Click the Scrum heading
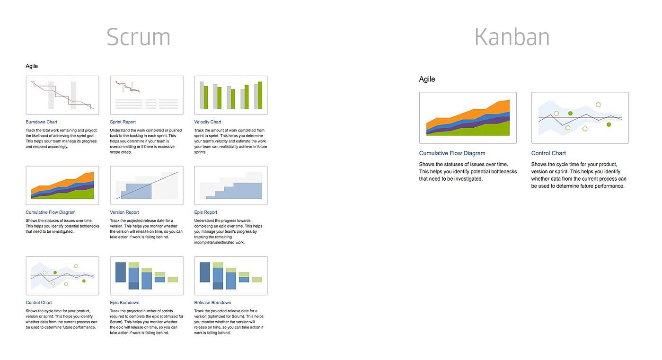click(138, 37)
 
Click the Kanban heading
click(512, 37)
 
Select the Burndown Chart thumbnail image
click(62, 95)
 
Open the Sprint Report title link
click(123, 122)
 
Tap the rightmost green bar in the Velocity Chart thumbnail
click(260, 95)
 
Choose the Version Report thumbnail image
click(147, 185)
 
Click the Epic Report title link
click(206, 212)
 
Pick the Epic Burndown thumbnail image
click(147, 276)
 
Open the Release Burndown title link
click(212, 303)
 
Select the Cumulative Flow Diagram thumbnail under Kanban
click(468, 118)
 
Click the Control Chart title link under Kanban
click(548, 153)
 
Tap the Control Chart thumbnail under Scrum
click(62, 276)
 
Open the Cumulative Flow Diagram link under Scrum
click(51, 212)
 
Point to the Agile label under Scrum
click(32, 66)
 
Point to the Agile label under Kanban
click(427, 79)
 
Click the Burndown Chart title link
click(42, 122)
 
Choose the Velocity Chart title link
click(208, 122)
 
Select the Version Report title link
click(124, 212)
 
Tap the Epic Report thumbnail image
click(231, 185)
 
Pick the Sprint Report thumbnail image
click(147, 95)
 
